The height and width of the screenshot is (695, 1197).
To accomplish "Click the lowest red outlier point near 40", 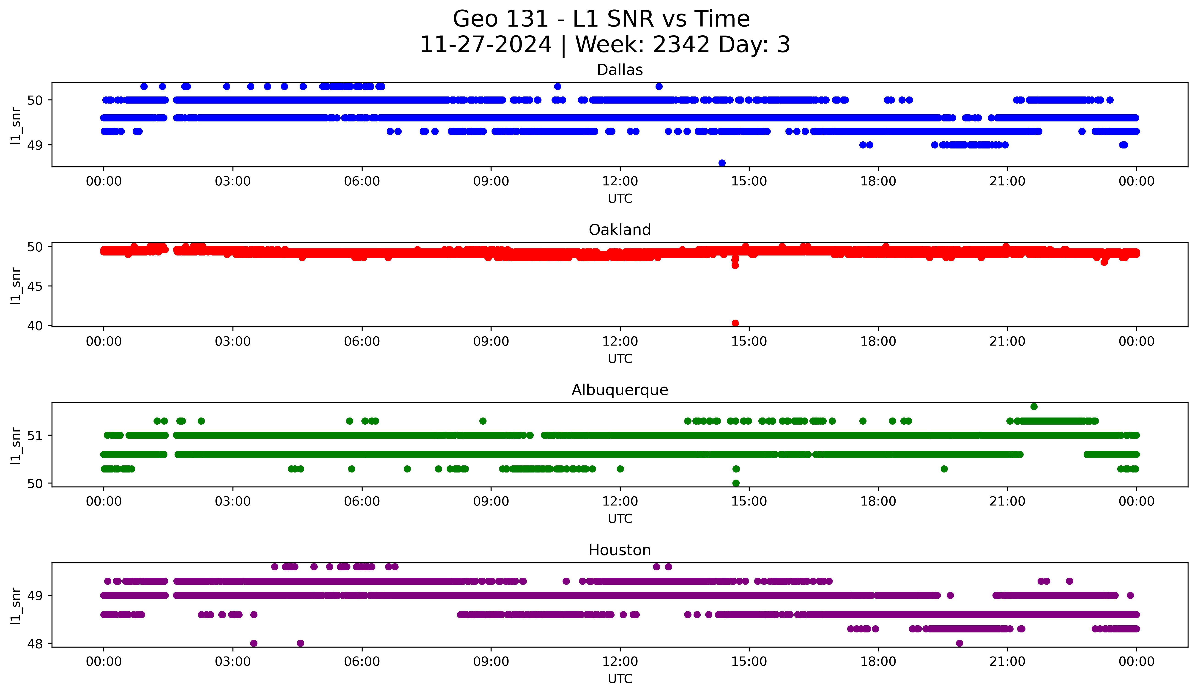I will (735, 323).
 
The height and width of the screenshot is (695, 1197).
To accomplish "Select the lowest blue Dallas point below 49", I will (722, 163).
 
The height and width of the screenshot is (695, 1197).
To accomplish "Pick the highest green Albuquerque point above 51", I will (1034, 406).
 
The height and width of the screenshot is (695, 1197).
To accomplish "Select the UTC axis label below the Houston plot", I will (620, 679).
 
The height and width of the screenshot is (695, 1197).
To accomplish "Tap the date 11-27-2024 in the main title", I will (485, 45).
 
